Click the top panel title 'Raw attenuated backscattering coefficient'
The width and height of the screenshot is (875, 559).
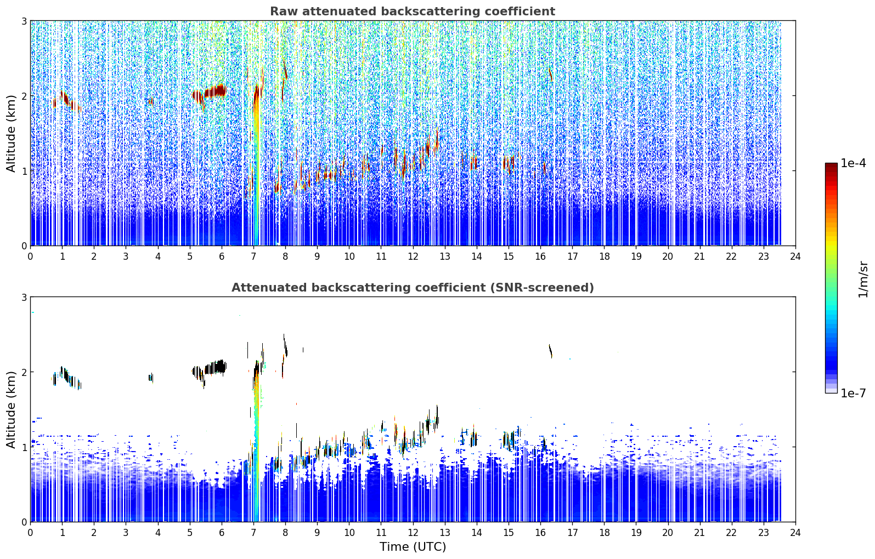point(413,12)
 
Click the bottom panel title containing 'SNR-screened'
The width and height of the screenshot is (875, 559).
point(413,288)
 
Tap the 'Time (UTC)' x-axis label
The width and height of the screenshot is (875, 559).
point(413,546)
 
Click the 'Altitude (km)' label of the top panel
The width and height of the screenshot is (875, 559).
point(11,134)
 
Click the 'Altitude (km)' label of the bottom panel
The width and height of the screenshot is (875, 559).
point(11,409)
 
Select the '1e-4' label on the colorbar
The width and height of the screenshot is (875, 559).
point(853,163)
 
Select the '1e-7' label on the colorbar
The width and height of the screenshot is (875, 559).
point(853,393)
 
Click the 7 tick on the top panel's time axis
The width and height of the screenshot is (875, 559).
point(253,256)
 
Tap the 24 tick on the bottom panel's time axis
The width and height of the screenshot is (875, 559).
point(795,533)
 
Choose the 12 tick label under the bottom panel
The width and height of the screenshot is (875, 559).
point(413,533)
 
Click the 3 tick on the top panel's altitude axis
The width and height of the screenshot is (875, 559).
point(24,21)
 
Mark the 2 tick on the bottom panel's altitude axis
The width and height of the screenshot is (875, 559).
point(24,372)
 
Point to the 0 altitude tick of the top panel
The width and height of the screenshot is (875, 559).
point(24,246)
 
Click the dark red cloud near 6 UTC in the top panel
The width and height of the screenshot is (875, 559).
point(215,92)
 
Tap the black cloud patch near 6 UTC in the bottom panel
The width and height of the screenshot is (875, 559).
point(215,367)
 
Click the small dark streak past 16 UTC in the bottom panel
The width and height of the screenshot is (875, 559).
point(550,351)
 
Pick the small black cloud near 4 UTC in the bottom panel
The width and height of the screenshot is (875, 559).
point(151,378)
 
